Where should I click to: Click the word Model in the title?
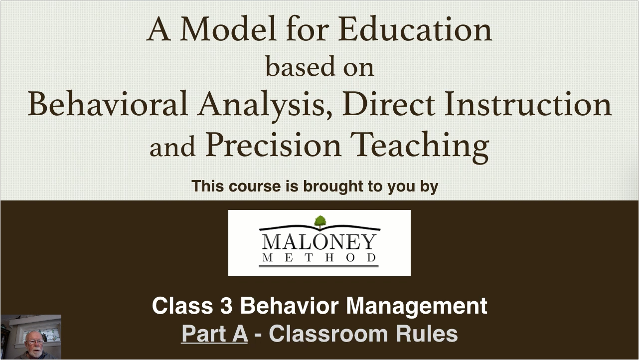pyautogui.click(x=228, y=29)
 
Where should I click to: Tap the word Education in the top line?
pyautogui.click(x=415, y=29)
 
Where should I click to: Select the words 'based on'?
pyautogui.click(x=319, y=66)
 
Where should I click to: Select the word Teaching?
pyautogui.click(x=420, y=147)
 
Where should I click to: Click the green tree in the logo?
pyautogui.click(x=320, y=222)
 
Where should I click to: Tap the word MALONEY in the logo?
pyautogui.click(x=319, y=242)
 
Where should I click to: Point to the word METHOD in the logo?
pyautogui.click(x=319, y=258)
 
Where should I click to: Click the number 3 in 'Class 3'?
pyautogui.click(x=227, y=306)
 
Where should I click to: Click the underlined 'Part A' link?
pyautogui.click(x=214, y=334)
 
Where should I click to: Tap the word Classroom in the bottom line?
pyautogui.click(x=328, y=334)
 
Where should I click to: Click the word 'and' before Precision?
pyautogui.click(x=172, y=148)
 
